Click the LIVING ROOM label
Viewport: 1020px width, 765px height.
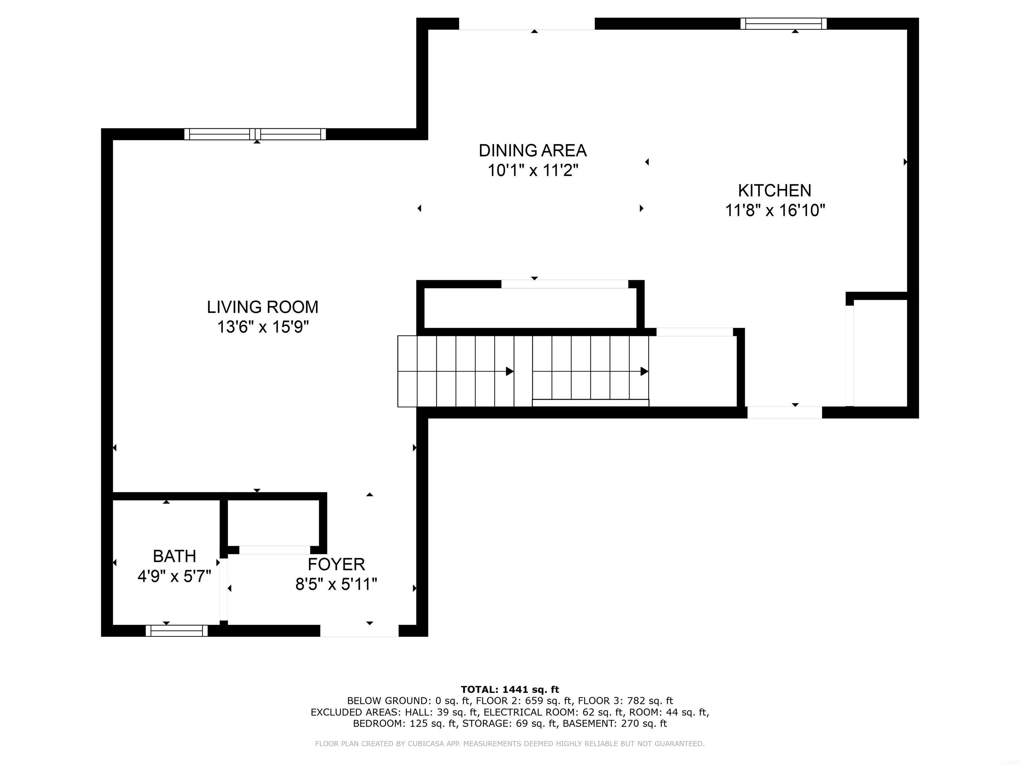(262, 307)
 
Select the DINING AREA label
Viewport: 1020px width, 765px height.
(533, 151)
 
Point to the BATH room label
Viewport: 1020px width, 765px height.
(174, 556)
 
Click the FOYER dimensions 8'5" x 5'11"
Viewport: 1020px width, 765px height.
(336, 585)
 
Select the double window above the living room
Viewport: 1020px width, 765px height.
(255, 134)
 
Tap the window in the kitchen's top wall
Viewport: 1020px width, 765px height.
(784, 24)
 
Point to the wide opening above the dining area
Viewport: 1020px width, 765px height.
(527, 24)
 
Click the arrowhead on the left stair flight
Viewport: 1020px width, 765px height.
(510, 371)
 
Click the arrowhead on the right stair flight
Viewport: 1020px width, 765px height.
(644, 371)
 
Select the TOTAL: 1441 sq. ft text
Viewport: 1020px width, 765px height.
(510, 689)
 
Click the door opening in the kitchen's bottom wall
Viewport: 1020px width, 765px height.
(784, 412)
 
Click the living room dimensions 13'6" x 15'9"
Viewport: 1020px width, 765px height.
(262, 327)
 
